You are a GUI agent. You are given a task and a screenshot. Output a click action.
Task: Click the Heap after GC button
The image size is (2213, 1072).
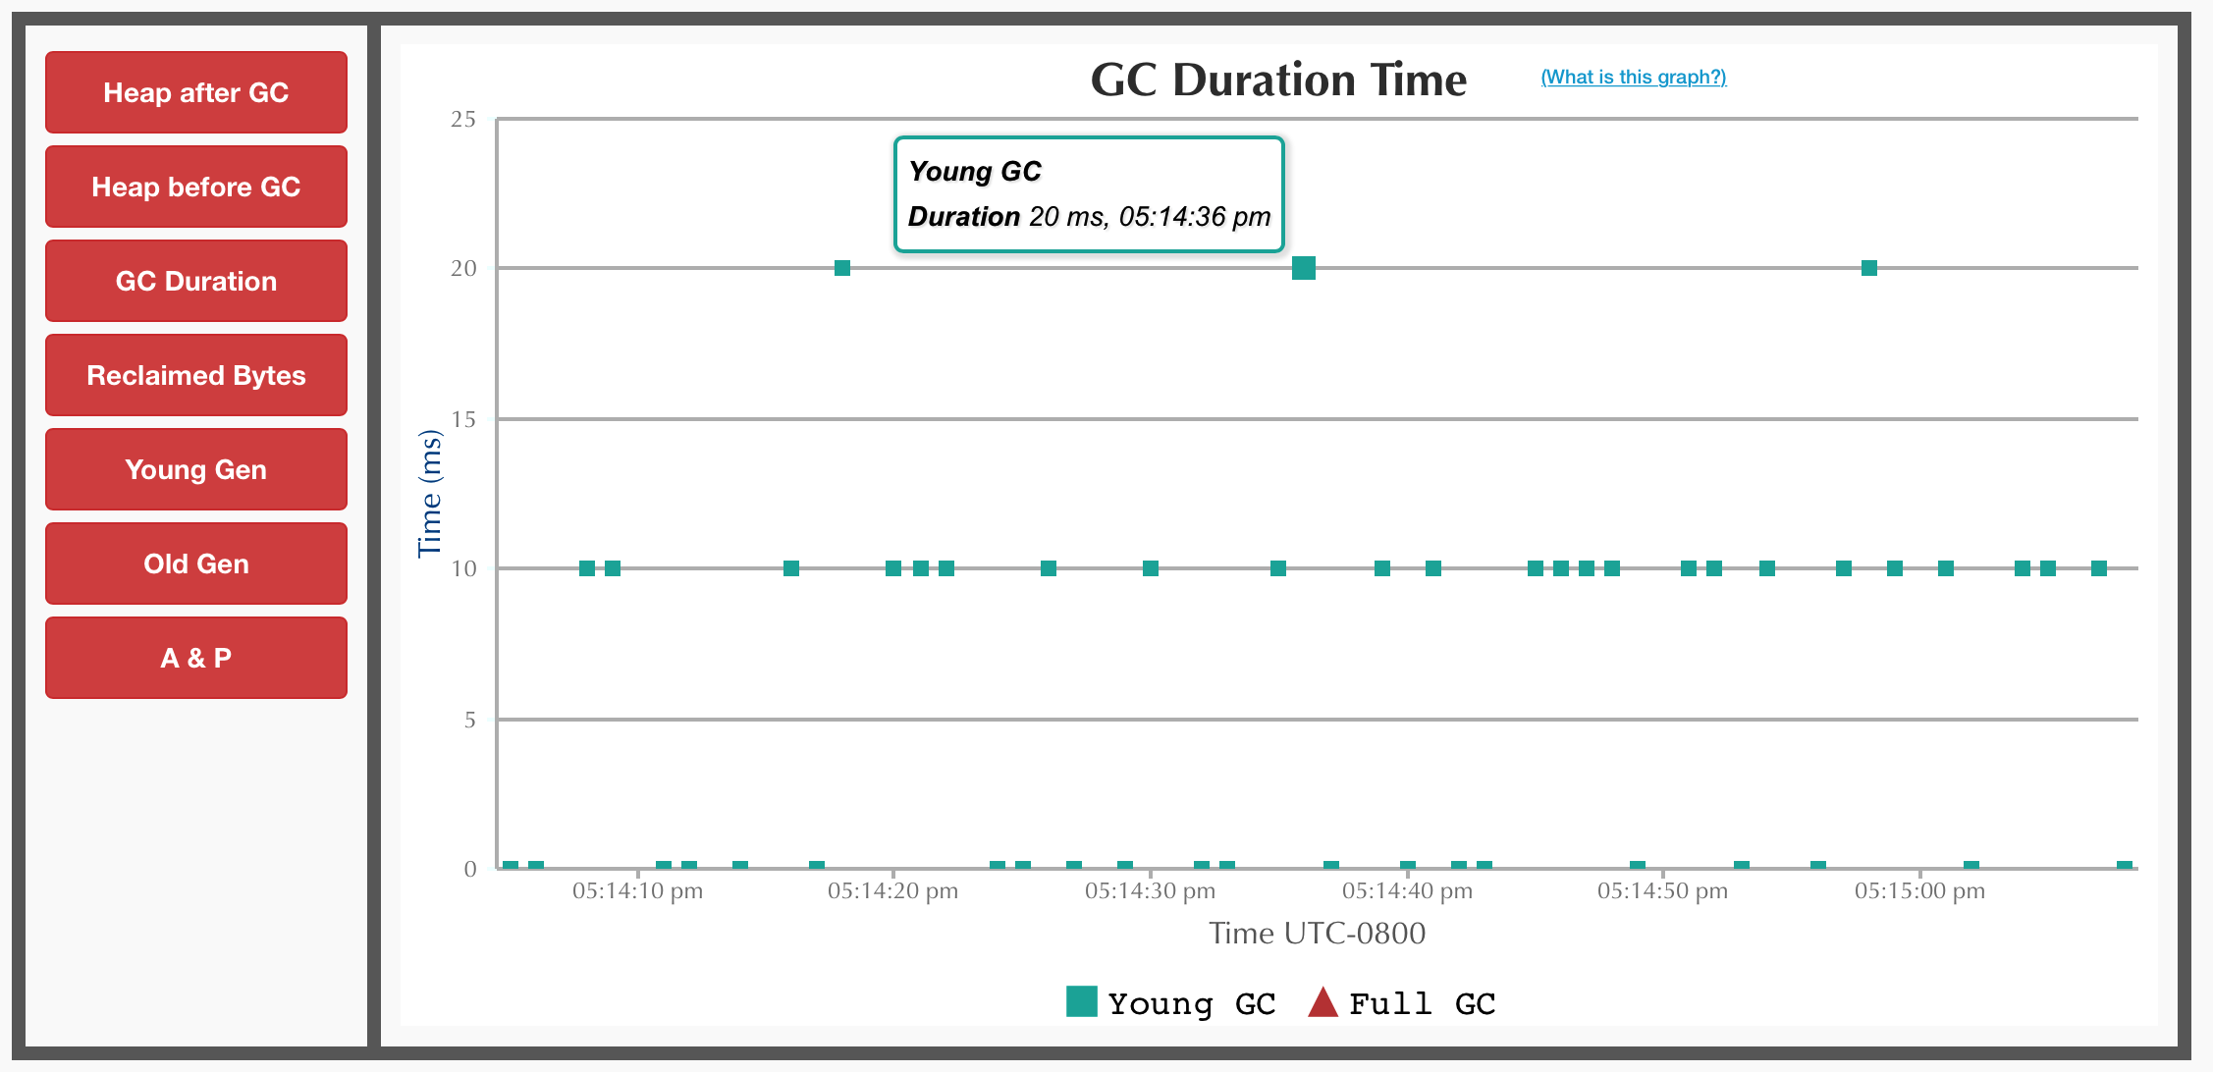(x=196, y=92)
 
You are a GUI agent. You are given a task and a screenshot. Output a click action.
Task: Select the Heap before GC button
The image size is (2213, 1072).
(x=196, y=187)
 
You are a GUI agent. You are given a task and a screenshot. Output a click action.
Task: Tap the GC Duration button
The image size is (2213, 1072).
(x=196, y=281)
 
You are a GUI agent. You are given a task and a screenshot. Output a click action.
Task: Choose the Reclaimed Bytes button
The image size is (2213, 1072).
(x=196, y=375)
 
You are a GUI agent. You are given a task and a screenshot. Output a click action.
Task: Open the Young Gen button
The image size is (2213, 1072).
(x=196, y=469)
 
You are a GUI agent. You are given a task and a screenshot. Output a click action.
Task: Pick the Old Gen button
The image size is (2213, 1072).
(x=196, y=563)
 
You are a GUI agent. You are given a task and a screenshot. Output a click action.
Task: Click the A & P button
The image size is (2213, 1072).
(x=196, y=658)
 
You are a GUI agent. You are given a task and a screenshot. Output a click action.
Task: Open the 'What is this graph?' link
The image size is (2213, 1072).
(x=1634, y=77)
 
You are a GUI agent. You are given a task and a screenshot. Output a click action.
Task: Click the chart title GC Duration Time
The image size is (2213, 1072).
(x=1278, y=80)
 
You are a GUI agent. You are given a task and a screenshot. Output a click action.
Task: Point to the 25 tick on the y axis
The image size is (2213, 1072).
(x=463, y=120)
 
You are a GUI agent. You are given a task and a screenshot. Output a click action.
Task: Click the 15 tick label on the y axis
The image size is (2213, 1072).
(x=463, y=420)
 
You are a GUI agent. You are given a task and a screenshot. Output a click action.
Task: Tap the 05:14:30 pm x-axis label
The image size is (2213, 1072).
(x=1150, y=891)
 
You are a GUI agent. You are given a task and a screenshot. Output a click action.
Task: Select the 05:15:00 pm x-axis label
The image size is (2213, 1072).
(x=1919, y=891)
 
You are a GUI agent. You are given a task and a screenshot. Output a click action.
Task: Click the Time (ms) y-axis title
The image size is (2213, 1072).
(x=430, y=493)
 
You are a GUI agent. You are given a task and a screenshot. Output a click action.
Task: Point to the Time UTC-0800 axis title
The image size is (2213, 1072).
(x=1317, y=933)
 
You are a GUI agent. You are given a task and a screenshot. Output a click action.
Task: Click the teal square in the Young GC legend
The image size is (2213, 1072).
(x=1081, y=1001)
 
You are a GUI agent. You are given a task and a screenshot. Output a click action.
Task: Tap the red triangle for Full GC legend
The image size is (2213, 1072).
(x=1323, y=1002)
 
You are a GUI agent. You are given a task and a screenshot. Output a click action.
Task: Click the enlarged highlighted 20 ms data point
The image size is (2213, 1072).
(x=1304, y=268)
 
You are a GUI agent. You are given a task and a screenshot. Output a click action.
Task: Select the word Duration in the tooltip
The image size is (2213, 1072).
(x=963, y=216)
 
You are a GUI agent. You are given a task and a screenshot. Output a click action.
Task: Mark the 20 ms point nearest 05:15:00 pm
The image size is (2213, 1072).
(x=1869, y=268)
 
